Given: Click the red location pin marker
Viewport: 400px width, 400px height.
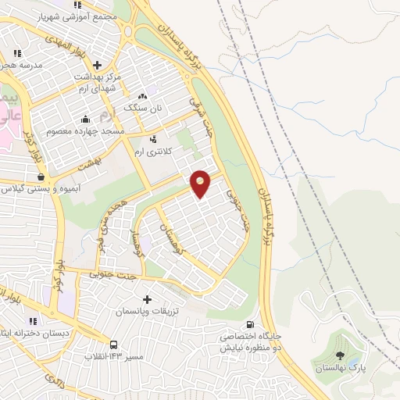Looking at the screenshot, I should (x=200, y=184).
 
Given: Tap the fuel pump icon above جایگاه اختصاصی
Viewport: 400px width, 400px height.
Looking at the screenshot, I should (x=249, y=325).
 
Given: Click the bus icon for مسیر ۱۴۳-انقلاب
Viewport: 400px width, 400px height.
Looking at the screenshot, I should (x=114, y=345).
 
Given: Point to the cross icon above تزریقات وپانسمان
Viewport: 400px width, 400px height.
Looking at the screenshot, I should (x=148, y=299).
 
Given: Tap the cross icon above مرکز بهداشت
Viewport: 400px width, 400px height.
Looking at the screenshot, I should (x=97, y=66).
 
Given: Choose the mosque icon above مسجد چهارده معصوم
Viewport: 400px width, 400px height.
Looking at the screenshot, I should (x=85, y=119).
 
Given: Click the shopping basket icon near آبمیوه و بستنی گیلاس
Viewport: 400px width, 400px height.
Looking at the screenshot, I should (x=40, y=177).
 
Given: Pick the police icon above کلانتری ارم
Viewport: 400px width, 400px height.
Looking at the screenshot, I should (x=152, y=138).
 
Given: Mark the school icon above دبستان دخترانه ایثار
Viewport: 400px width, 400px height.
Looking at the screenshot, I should (x=32, y=320).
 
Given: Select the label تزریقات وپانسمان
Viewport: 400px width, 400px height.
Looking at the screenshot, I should (x=148, y=311).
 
